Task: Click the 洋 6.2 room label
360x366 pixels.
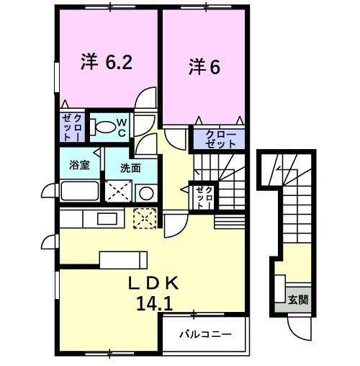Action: (106, 63)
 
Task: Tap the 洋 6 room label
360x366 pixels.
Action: (204, 67)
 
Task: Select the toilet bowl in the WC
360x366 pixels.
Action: (106, 128)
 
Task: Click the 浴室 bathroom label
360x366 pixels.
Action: (79, 165)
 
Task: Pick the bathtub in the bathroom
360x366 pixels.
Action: (79, 192)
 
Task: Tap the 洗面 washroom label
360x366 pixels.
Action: (130, 168)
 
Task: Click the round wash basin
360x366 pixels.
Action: (145, 193)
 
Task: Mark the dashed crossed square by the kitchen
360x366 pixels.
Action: (145, 217)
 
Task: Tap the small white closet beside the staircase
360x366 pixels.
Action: (202, 195)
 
